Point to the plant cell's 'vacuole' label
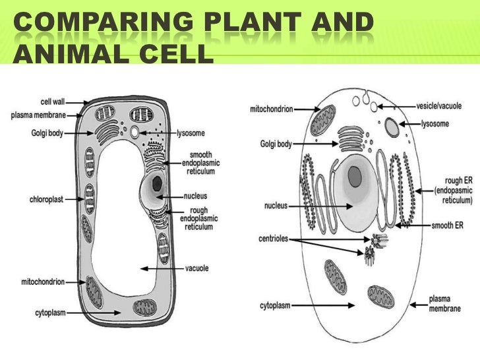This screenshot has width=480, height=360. (196, 268)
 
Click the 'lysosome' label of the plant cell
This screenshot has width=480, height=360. (196, 133)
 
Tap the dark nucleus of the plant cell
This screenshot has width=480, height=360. (158, 184)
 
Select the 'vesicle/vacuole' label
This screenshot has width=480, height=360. (442, 105)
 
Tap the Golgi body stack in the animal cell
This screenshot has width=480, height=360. (349, 139)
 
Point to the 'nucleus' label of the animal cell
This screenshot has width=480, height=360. (275, 206)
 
